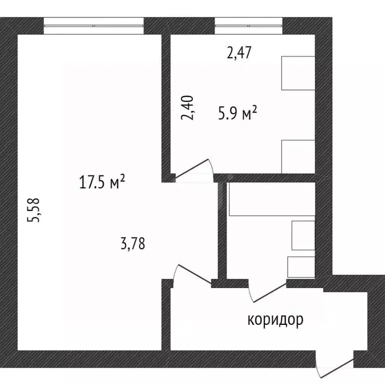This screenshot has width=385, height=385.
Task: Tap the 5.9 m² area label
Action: click(237, 114)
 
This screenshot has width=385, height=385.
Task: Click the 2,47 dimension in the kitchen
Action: click(239, 53)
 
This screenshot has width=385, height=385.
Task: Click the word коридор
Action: click(275, 319)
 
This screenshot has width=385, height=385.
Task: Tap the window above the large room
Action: click(94, 25)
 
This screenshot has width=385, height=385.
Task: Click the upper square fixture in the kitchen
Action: click(298, 73)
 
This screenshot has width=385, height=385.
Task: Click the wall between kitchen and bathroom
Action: click(266, 178)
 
